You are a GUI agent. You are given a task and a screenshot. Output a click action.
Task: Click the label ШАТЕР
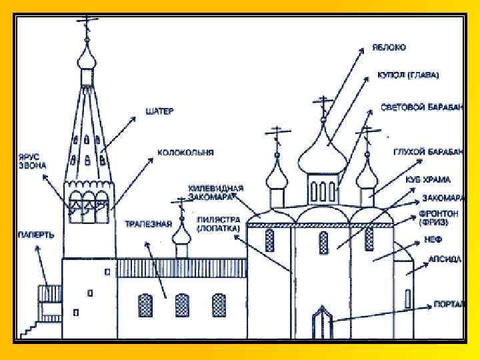[x=159, y=111]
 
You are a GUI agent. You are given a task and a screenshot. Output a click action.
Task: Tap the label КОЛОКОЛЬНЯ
[x=185, y=153]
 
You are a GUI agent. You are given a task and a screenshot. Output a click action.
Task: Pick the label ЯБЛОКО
[x=389, y=48]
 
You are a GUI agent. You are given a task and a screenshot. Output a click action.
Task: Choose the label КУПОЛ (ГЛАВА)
[x=409, y=75]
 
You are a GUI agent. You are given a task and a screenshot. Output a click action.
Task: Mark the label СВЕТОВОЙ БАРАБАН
[x=421, y=107]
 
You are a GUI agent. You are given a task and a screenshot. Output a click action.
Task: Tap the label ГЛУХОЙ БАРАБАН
[x=427, y=152]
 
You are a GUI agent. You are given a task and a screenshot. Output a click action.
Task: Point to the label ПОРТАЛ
[x=449, y=305]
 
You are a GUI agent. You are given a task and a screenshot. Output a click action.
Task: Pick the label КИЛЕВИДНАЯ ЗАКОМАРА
[x=215, y=192]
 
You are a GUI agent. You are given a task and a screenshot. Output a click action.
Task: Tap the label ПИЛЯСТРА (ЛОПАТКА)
[x=219, y=223]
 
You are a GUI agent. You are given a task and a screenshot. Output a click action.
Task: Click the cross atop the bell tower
[x=86, y=26]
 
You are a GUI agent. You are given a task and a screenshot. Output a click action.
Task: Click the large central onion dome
[x=322, y=151]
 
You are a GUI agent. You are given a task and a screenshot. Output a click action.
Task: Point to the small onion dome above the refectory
[x=180, y=232]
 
